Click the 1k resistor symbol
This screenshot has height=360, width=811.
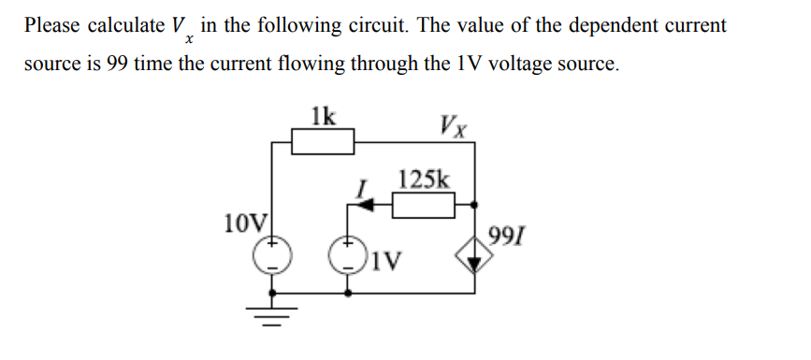(x=324, y=142)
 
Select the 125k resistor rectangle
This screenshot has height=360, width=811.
(x=423, y=203)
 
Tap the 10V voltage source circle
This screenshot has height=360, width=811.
(x=272, y=252)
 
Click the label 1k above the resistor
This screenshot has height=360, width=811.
(x=324, y=117)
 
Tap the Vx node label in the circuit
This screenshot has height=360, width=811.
(x=453, y=122)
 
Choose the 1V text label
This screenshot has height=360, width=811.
(x=386, y=259)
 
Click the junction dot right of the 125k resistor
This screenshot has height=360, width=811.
(x=476, y=203)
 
